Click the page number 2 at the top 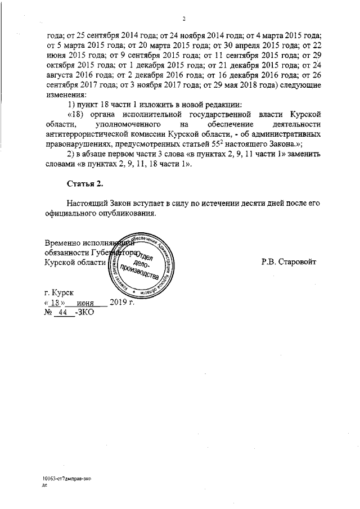pos(183,19)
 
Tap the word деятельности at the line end pos(294,124)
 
